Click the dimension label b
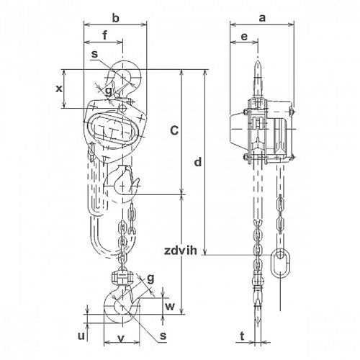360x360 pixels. pyautogui.click(x=116, y=18)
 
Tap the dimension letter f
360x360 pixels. pyautogui.click(x=105, y=35)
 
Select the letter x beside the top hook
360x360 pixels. pyautogui.click(x=59, y=89)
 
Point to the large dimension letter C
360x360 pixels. pyautogui.click(x=174, y=130)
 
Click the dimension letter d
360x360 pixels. pyautogui.click(x=198, y=162)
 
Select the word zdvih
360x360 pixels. pyautogui.click(x=181, y=251)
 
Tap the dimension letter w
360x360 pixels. pyautogui.click(x=170, y=307)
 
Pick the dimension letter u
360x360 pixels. pyautogui.click(x=81, y=336)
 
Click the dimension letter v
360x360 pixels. pyautogui.click(x=122, y=338)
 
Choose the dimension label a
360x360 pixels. pyautogui.click(x=262, y=18)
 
